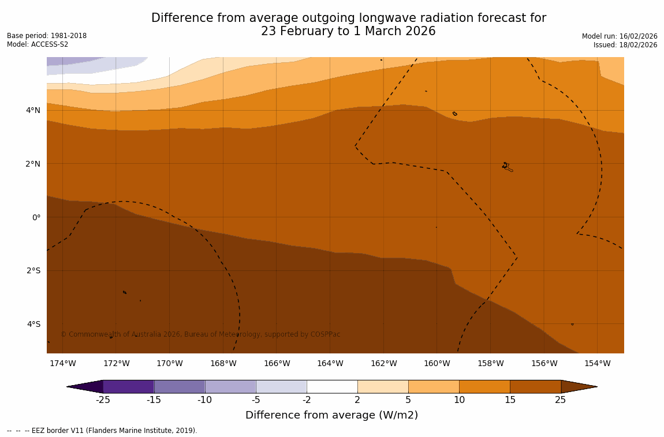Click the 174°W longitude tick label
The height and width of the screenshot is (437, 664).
pyautogui.click(x=62, y=363)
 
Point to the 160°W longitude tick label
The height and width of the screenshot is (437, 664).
pyautogui.click(x=437, y=363)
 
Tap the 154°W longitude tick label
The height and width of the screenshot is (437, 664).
pyautogui.click(x=597, y=363)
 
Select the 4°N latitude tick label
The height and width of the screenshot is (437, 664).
pyautogui.click(x=33, y=110)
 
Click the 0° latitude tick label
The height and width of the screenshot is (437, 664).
pyautogui.click(x=36, y=217)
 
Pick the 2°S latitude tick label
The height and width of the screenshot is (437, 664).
pyautogui.click(x=33, y=270)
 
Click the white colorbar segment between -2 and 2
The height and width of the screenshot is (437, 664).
pyautogui.click(x=332, y=386)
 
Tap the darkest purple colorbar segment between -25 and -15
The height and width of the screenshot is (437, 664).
pyautogui.click(x=128, y=386)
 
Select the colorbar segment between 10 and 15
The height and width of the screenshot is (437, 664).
pyautogui.click(x=484, y=386)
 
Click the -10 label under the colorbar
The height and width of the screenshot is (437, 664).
pyautogui.click(x=205, y=400)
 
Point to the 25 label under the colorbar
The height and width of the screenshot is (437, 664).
pyautogui.click(x=561, y=400)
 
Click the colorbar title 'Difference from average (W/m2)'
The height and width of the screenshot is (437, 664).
pyautogui.click(x=331, y=415)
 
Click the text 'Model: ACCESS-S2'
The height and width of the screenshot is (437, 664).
pyautogui.click(x=38, y=44)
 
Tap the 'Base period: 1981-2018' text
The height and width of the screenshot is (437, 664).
pyautogui.click(x=47, y=36)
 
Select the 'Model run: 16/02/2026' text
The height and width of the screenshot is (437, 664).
pyautogui.click(x=619, y=36)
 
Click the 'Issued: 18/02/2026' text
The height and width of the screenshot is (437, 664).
pyautogui.click(x=625, y=45)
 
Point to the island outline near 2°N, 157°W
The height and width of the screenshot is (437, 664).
pyautogui.click(x=507, y=167)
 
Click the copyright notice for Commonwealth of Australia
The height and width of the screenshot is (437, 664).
pyautogui.click(x=200, y=334)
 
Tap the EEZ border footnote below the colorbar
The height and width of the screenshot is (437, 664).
pyautogui.click(x=102, y=431)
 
